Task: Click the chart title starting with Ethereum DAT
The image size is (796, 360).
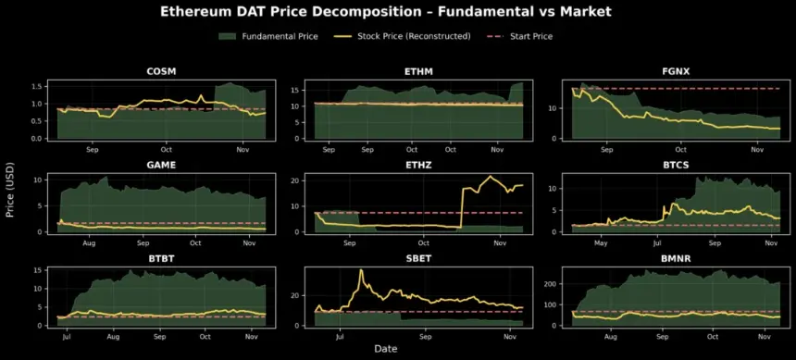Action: coord(398,12)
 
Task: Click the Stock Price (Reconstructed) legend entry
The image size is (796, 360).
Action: coord(407,36)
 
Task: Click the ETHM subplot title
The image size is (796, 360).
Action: coord(418,71)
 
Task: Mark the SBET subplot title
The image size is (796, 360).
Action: coord(418,259)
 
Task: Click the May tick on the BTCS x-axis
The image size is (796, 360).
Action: coord(602,242)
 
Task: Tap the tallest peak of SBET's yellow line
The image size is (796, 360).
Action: coord(361,270)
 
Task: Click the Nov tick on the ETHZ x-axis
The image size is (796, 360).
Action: coord(499,242)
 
